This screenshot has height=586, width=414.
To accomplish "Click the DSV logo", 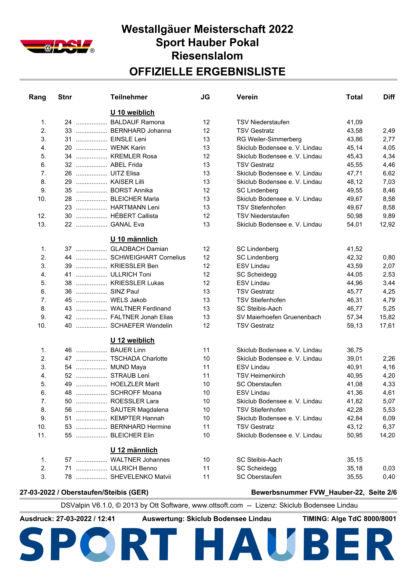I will click(57, 46).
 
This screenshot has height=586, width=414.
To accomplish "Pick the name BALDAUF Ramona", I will click(137, 122).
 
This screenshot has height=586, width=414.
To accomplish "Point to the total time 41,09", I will click(354, 122).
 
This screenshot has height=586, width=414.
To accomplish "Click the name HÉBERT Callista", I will click(134, 216).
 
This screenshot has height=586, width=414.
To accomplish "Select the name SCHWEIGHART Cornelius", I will click(148, 257).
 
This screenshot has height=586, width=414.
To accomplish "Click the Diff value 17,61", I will click(387, 326).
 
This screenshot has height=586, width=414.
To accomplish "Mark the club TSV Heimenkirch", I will click(261, 375).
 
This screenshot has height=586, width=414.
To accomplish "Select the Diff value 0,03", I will click(389, 468).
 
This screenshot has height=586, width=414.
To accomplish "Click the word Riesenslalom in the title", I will click(207, 56).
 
